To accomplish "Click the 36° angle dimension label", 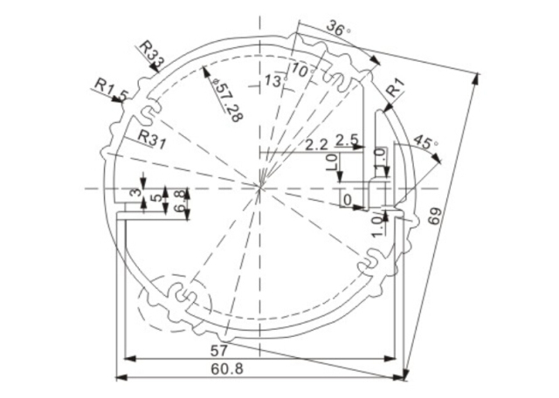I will (x=338, y=28).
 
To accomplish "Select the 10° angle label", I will (x=303, y=69).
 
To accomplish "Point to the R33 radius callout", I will (x=150, y=54).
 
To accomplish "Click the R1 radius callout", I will (x=396, y=87).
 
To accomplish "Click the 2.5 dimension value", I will (x=347, y=140).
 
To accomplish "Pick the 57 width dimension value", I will (x=220, y=350).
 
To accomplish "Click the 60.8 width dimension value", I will (x=226, y=369).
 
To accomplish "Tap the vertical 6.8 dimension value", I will (x=180, y=200).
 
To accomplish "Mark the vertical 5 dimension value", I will (x=156, y=199).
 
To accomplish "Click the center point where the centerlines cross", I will (x=260, y=187).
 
